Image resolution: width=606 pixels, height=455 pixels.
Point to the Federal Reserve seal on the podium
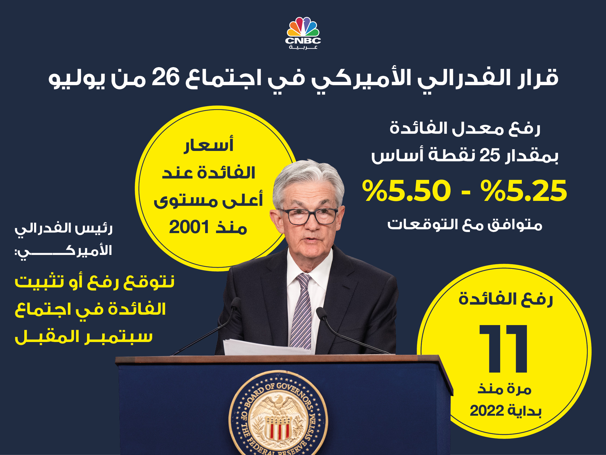tap(278, 413)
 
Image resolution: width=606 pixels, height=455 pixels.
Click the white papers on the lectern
tap(268, 347)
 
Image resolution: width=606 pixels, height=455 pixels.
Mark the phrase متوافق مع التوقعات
tap(465, 225)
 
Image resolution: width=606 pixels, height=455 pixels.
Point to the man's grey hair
tap(308, 178)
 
